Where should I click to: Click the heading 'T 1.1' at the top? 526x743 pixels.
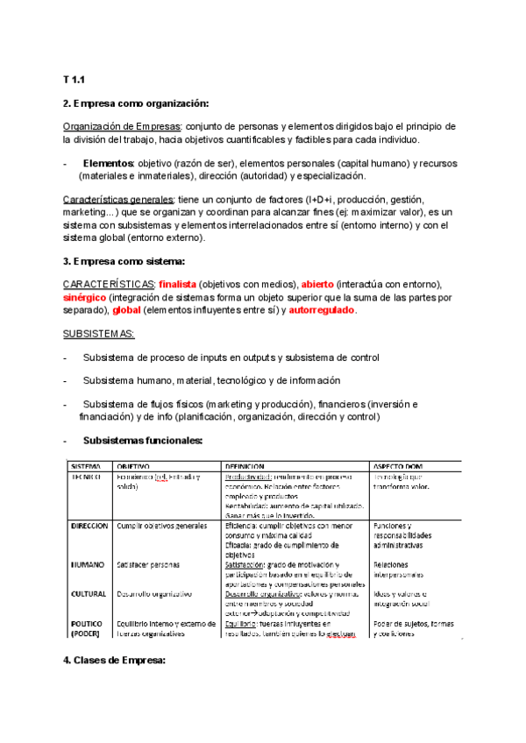75,80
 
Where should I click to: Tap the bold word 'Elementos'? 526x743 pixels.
109,163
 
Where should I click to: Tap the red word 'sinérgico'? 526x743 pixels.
88,298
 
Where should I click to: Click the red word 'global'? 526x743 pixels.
128,310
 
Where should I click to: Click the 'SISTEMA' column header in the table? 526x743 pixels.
87,465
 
